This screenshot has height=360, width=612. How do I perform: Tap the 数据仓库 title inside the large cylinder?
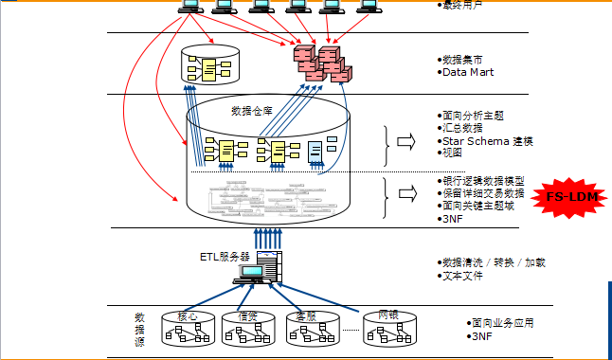(x=251, y=111)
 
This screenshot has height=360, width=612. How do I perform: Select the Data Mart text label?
(x=468, y=72)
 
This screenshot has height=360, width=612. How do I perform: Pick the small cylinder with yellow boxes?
(x=210, y=64)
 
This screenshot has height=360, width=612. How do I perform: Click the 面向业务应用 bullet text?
(x=503, y=322)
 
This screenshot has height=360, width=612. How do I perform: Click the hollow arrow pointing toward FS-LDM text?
(x=405, y=193)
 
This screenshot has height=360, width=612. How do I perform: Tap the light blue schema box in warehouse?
(x=315, y=149)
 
